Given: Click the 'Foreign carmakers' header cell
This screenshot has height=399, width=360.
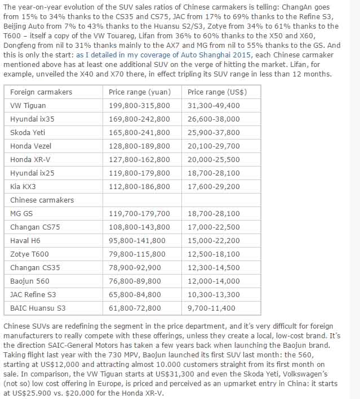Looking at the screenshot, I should point(41,92).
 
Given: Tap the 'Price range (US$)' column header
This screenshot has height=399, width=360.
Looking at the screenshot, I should point(217,92).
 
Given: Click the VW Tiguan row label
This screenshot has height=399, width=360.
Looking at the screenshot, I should point(28,105).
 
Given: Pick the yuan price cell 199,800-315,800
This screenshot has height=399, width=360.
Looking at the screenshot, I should point(139,105).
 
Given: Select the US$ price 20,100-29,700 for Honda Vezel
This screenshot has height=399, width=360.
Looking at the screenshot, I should point(214,146).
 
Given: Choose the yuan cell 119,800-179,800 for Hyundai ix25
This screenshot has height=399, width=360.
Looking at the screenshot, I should point(139,173).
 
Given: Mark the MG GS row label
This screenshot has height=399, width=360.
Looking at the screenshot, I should point(21,214).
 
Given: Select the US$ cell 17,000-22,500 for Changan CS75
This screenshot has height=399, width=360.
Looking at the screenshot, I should point(214,227).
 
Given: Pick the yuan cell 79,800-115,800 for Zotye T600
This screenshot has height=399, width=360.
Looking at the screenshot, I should point(137,254).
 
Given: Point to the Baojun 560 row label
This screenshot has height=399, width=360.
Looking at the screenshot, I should point(29,281).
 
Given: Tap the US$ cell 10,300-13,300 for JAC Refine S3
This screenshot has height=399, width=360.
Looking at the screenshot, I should point(214,294).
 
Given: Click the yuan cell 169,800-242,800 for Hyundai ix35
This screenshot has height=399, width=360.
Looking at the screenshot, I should point(139,119).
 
